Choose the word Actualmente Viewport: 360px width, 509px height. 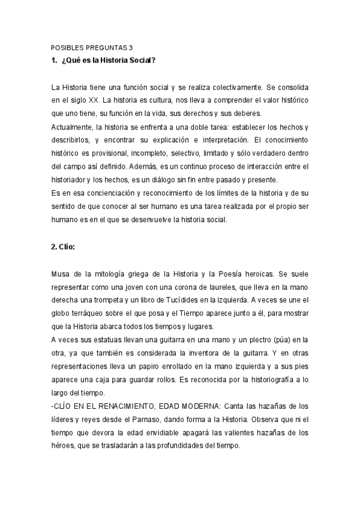coord(71,127)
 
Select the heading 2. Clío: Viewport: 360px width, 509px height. coord(63,246)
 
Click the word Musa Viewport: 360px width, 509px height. coord(60,274)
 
